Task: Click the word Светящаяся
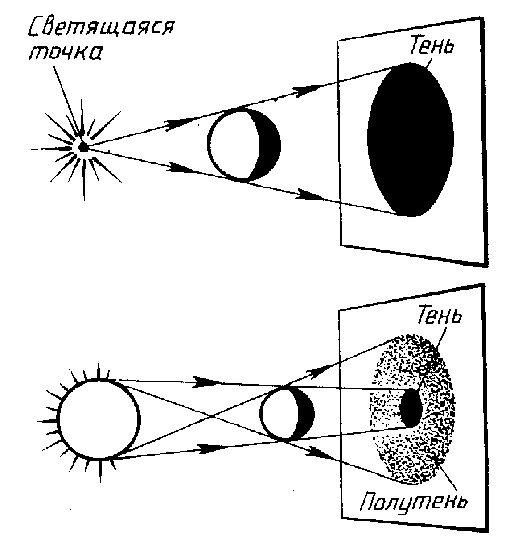(100, 30)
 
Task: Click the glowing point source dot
(82, 147)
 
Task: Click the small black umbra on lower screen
(411, 407)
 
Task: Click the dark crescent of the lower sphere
(305, 413)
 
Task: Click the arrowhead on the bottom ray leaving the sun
(206, 448)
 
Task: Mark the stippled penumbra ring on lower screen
(392, 451)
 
